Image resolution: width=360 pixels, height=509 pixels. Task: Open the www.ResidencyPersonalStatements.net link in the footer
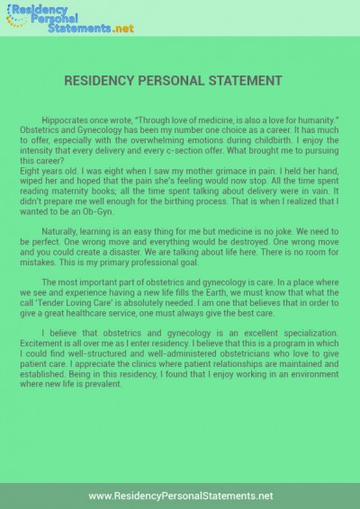coord(180,496)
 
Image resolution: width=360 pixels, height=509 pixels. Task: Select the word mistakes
coord(59,266)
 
